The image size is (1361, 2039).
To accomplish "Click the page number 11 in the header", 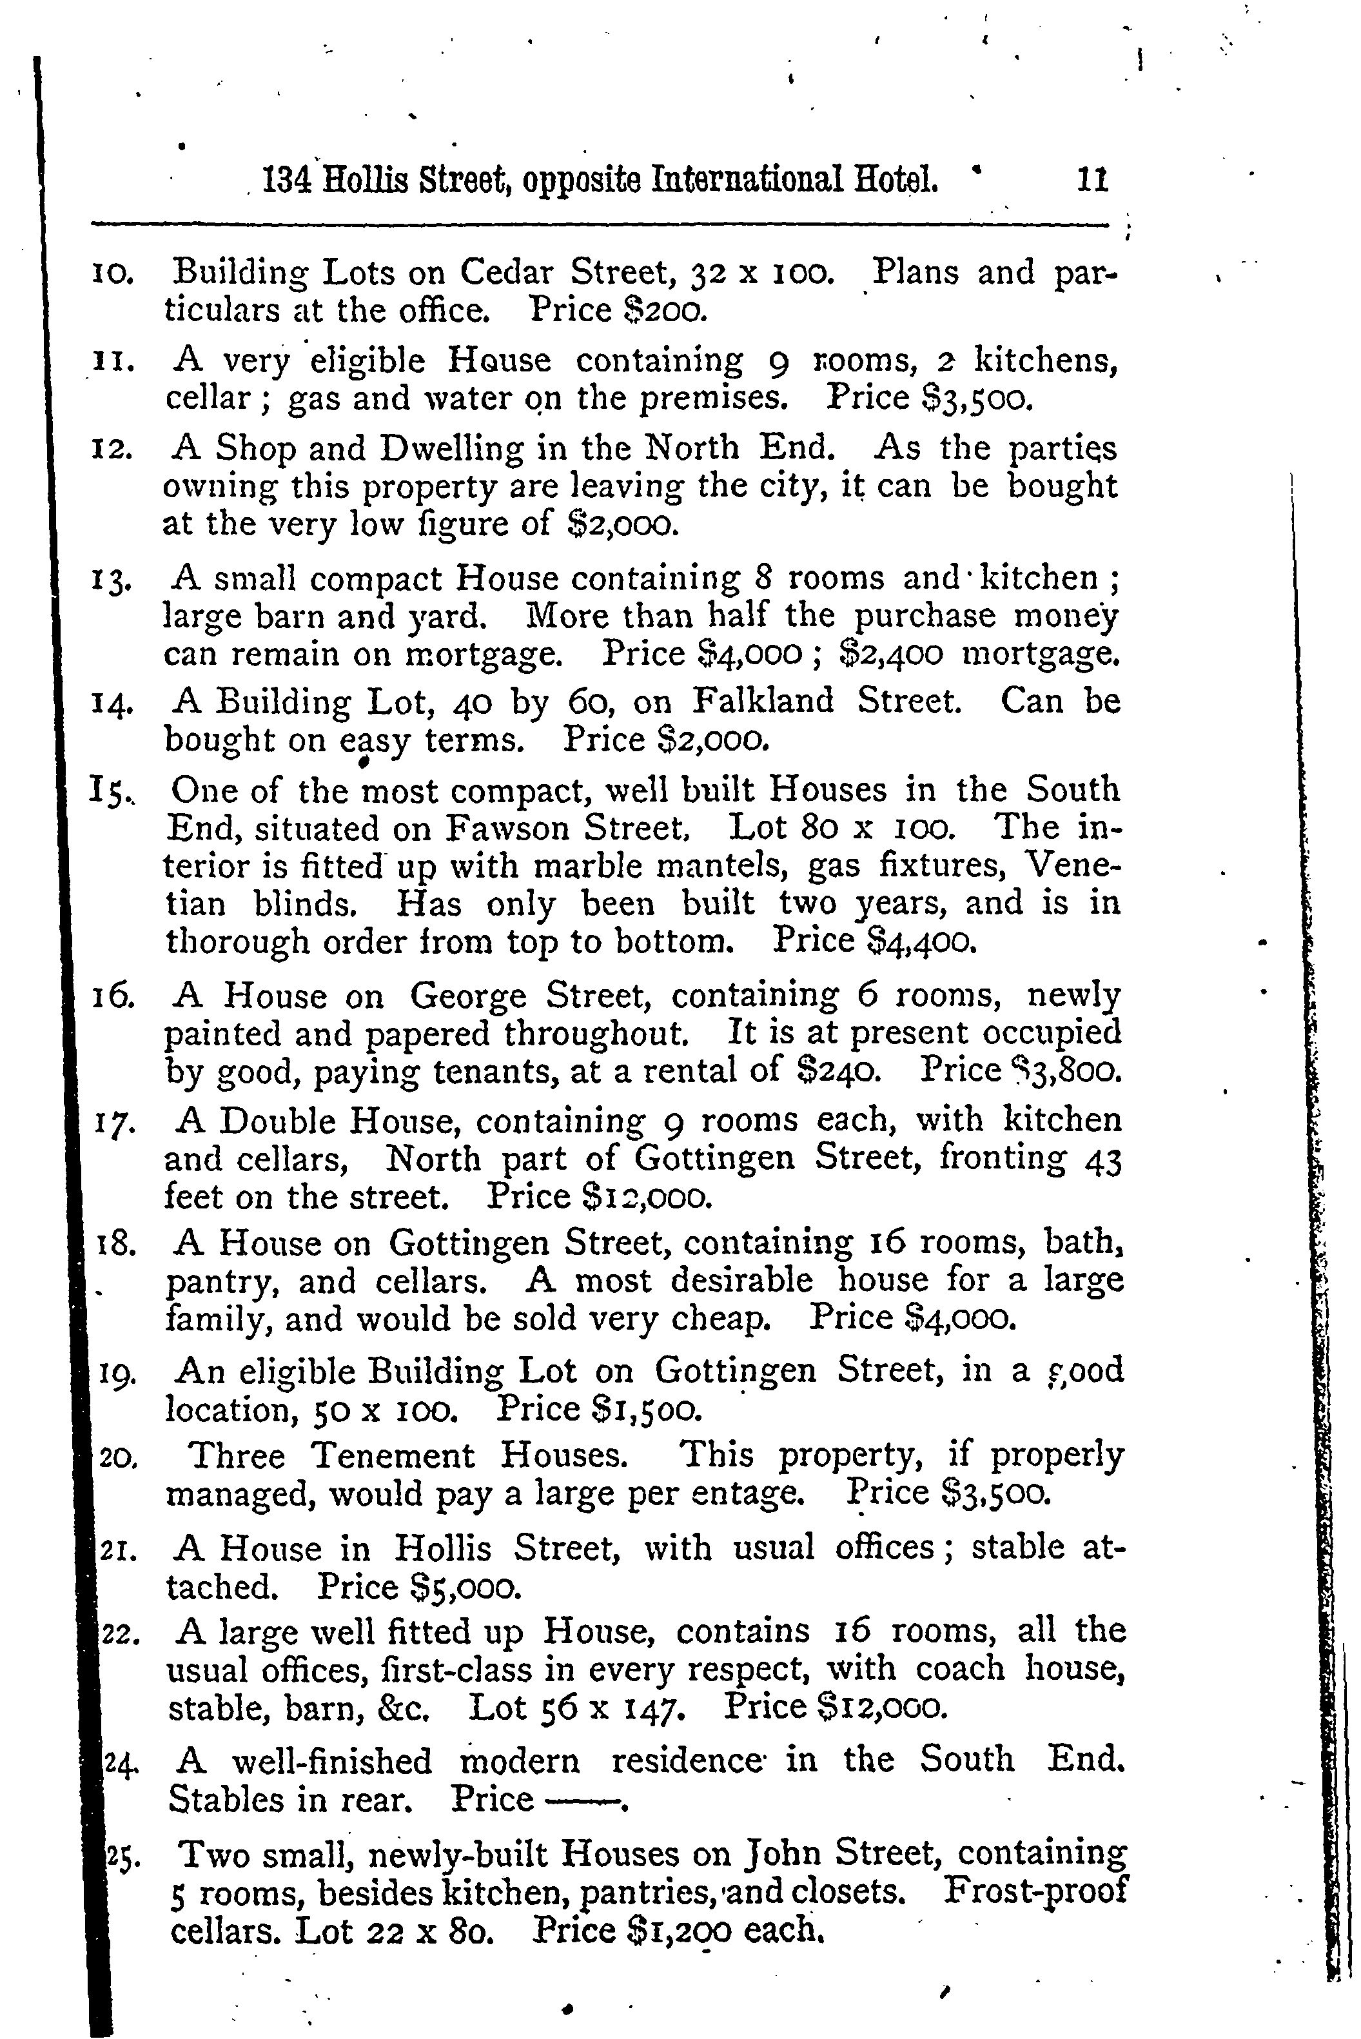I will [1093, 180].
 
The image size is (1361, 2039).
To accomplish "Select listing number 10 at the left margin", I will [112, 275].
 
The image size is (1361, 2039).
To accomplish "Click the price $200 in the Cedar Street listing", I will [665, 311].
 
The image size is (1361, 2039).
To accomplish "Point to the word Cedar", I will [506, 273].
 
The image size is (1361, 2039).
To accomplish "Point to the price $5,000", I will [465, 1588].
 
